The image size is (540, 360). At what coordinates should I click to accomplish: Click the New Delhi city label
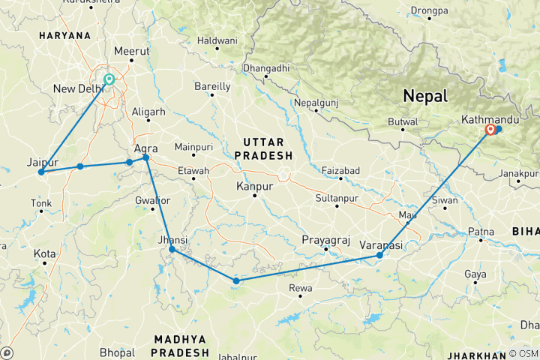click(x=78, y=89)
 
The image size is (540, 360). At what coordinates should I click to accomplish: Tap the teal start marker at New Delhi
click(x=109, y=79)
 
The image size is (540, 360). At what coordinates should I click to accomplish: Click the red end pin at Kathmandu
click(x=490, y=129)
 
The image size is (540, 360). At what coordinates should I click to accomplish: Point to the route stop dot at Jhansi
click(x=172, y=249)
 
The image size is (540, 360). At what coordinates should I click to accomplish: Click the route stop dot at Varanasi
click(x=379, y=256)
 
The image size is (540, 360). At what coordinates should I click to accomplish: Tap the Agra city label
click(x=145, y=148)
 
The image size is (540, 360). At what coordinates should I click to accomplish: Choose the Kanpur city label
click(x=253, y=185)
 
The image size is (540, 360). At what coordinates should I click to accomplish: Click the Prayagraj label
click(x=325, y=239)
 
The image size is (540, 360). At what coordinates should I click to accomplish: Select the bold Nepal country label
click(x=424, y=96)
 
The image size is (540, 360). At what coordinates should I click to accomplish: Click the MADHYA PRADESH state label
click(x=180, y=346)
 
